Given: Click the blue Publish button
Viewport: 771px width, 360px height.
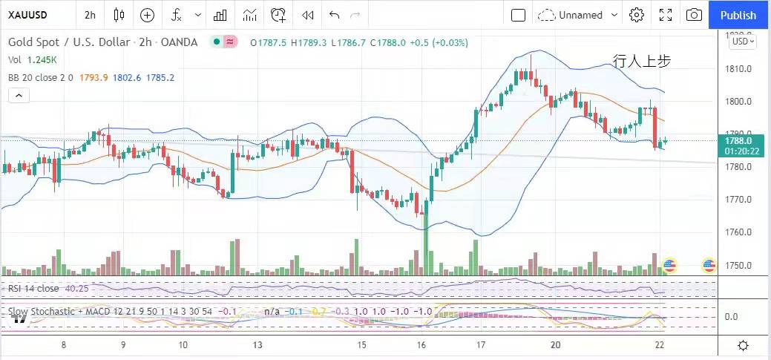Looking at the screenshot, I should [x=738, y=15].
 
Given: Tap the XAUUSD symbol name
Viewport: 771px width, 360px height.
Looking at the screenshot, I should [x=28, y=15].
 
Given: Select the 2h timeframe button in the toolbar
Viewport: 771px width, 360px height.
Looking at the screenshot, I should [x=90, y=15].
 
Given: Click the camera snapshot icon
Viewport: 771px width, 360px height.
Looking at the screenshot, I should [x=694, y=15].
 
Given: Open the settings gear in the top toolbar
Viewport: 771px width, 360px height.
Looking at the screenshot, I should [x=636, y=15].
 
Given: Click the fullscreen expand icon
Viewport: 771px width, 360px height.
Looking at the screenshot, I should [x=666, y=15].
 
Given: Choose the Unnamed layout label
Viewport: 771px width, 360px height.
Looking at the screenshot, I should [x=580, y=15].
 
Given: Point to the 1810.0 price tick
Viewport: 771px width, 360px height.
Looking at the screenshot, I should [x=738, y=69].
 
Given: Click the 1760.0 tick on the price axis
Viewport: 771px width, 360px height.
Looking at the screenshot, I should [x=738, y=232].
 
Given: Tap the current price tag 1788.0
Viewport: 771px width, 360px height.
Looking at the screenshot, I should [x=738, y=140].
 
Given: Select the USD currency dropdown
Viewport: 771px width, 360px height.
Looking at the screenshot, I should [x=743, y=42].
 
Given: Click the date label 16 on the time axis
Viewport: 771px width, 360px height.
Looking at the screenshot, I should [x=421, y=345].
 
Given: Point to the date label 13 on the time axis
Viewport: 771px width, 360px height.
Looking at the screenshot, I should [x=257, y=345].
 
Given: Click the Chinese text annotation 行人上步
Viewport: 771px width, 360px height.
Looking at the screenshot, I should [x=642, y=62].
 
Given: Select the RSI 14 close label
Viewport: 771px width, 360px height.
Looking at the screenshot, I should [x=34, y=288].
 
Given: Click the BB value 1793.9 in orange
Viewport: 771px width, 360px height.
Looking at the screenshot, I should [x=93, y=76].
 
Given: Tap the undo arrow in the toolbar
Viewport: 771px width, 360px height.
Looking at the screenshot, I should [x=334, y=15].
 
